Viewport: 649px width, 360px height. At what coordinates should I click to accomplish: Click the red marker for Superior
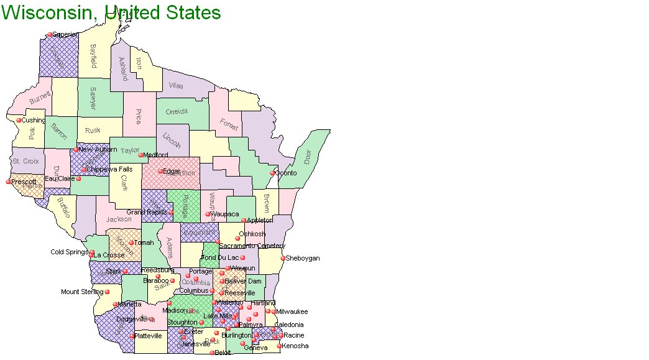(x=50, y=35)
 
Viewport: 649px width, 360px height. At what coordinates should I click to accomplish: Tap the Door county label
(x=307, y=156)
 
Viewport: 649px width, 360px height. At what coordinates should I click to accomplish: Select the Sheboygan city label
(x=302, y=258)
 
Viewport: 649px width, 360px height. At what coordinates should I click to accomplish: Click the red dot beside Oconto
(x=272, y=173)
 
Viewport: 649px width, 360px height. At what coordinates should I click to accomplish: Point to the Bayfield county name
(x=93, y=56)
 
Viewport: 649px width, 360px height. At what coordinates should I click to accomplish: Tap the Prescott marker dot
(x=9, y=182)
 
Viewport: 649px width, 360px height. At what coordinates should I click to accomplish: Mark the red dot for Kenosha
(x=278, y=346)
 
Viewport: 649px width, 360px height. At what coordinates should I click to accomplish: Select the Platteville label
(x=149, y=336)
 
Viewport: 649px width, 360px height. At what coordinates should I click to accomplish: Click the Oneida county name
(x=177, y=112)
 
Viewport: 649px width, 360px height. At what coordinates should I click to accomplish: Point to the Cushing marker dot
(x=19, y=120)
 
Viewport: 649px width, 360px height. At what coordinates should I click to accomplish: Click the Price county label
(x=138, y=116)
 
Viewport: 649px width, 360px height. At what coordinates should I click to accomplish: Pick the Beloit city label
(x=223, y=353)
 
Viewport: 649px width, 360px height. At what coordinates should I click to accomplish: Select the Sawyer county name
(x=92, y=99)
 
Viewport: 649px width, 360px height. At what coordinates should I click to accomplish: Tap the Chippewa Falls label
(x=109, y=169)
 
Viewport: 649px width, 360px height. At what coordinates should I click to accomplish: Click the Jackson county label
(x=119, y=219)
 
